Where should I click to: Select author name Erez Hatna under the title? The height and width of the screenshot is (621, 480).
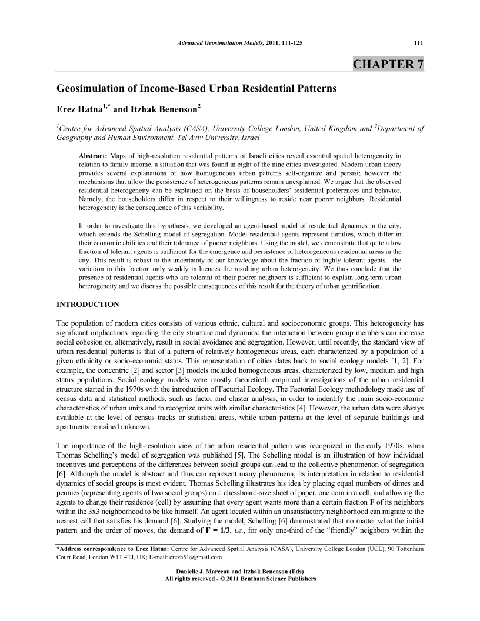coord(79,109)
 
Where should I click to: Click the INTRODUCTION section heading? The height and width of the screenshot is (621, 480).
coord(87,304)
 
